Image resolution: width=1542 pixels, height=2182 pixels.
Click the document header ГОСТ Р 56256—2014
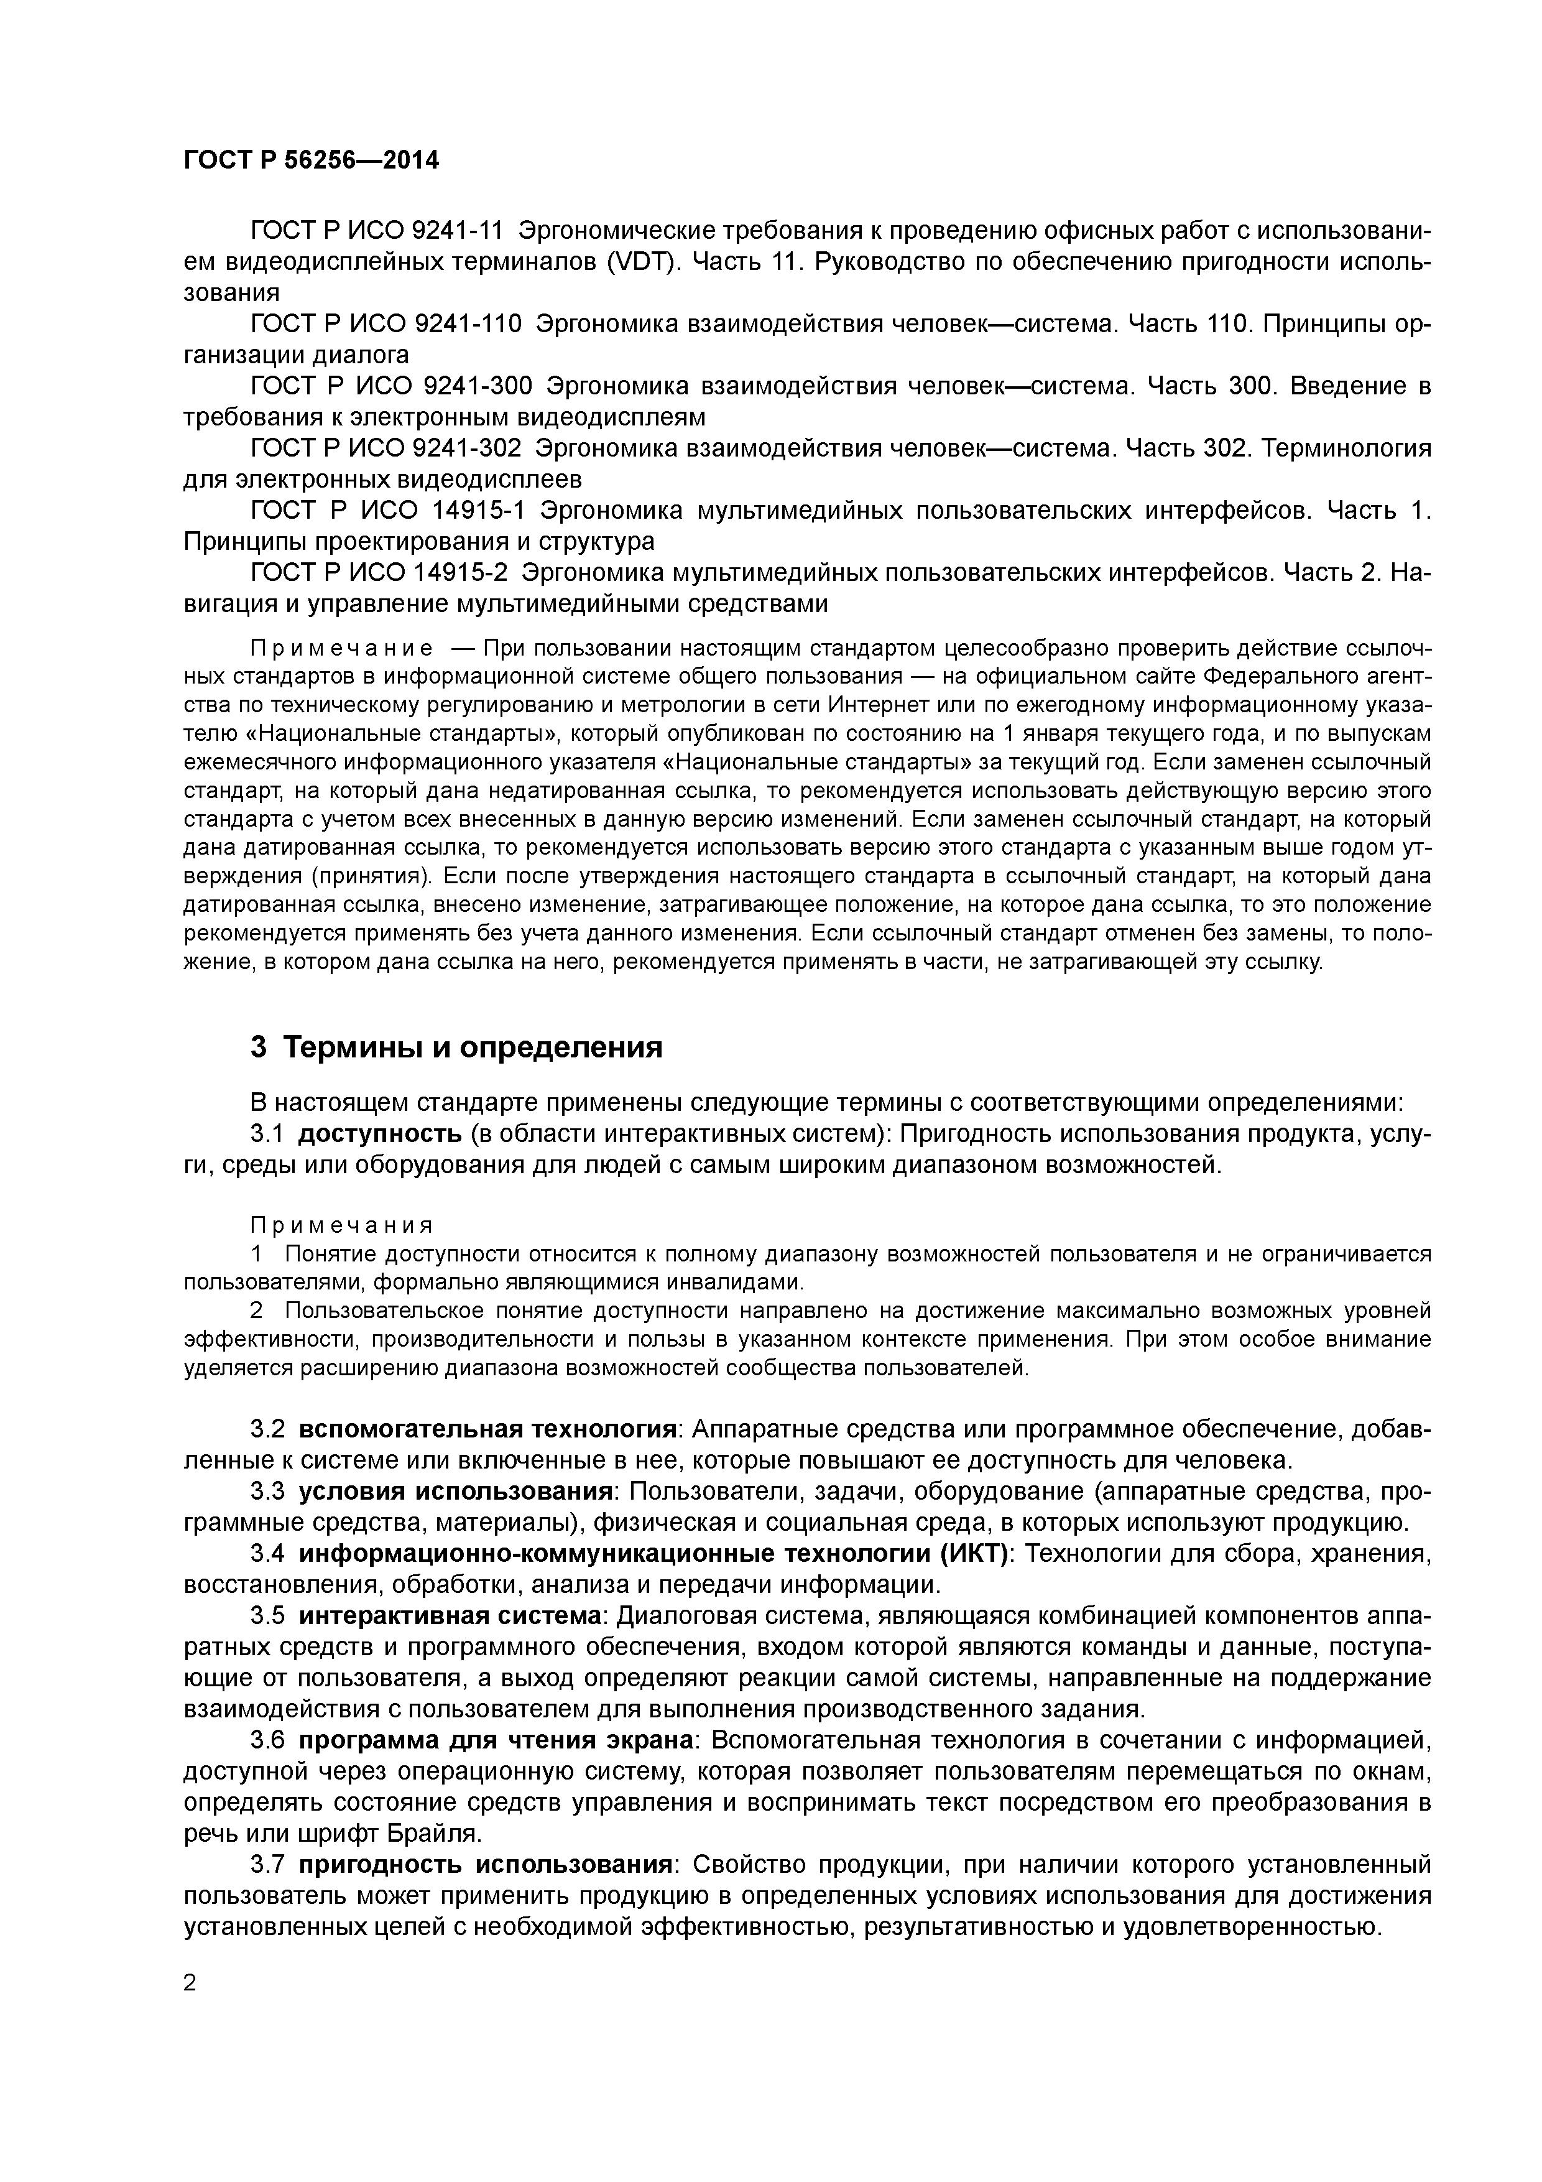point(311,160)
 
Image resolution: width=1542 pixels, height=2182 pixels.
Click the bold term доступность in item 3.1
point(380,1134)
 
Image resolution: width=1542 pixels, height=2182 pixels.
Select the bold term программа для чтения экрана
point(498,1740)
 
